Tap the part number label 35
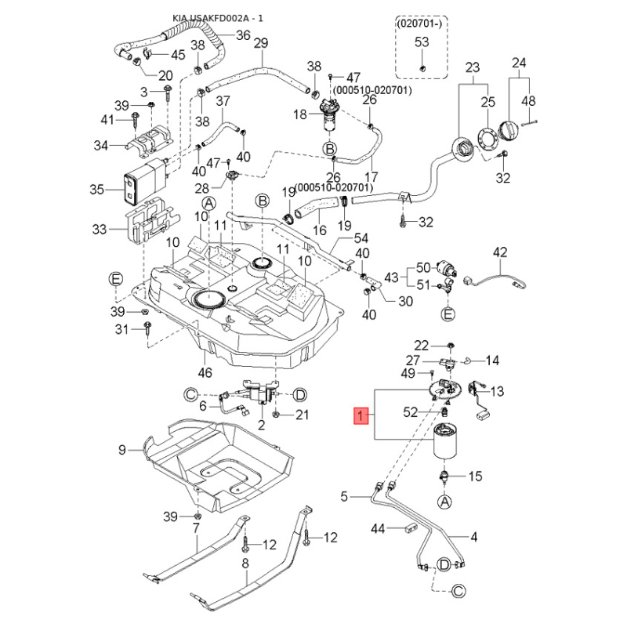(97, 189)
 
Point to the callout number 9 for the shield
(122, 450)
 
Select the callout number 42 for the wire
(500, 252)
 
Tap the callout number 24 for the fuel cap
(520, 63)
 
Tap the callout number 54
(361, 237)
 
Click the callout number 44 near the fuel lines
(379, 530)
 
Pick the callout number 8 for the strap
(245, 563)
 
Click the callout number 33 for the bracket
(99, 230)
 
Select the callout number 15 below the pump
(475, 477)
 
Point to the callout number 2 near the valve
(261, 424)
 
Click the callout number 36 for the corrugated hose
(243, 34)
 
